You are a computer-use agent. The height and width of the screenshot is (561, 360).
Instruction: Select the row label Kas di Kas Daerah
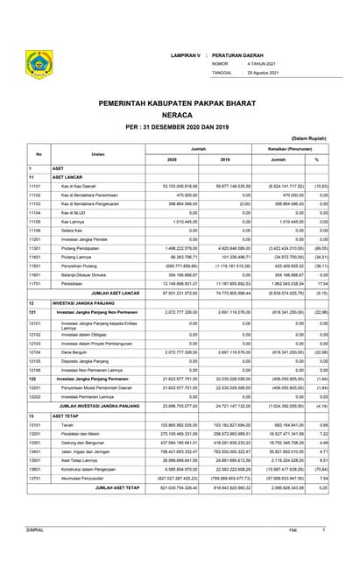pos(79,187)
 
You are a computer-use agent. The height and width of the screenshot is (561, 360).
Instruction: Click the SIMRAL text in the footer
pos(35,530)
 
